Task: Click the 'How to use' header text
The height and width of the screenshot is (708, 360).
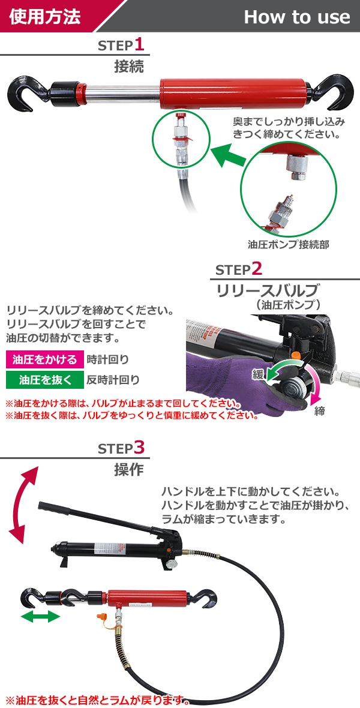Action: click(297, 17)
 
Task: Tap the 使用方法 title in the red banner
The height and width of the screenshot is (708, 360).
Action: click(45, 16)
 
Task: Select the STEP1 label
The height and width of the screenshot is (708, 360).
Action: click(121, 45)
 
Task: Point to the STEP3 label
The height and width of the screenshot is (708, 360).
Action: click(121, 448)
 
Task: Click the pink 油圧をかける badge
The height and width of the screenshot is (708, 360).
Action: click(45, 359)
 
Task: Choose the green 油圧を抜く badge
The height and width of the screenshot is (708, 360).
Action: click(45, 379)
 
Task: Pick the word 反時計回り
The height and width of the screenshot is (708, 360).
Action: click(113, 380)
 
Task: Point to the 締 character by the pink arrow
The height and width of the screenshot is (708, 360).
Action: click(320, 412)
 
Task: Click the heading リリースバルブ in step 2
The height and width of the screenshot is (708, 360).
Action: click(268, 290)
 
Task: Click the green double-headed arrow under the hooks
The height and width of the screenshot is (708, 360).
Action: click(41, 617)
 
